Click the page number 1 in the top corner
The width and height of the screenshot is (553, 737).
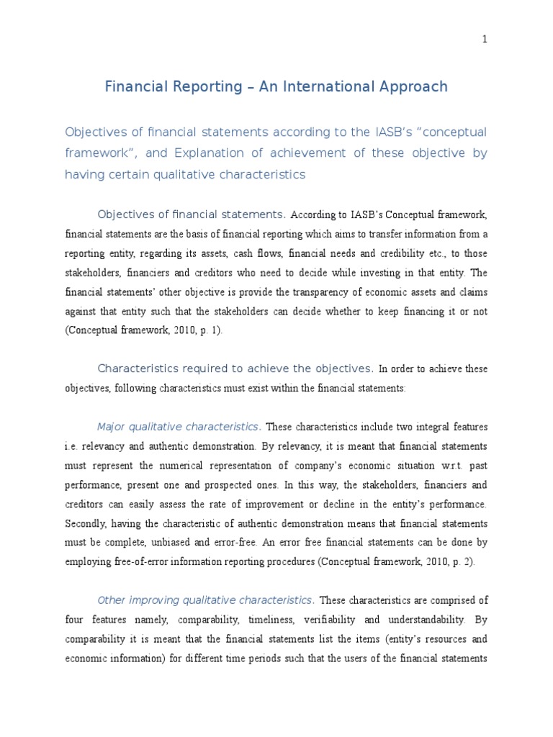click(x=485, y=40)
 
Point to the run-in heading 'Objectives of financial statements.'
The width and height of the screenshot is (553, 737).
click(x=192, y=214)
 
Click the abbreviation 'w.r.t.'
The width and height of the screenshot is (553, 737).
click(x=410, y=466)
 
